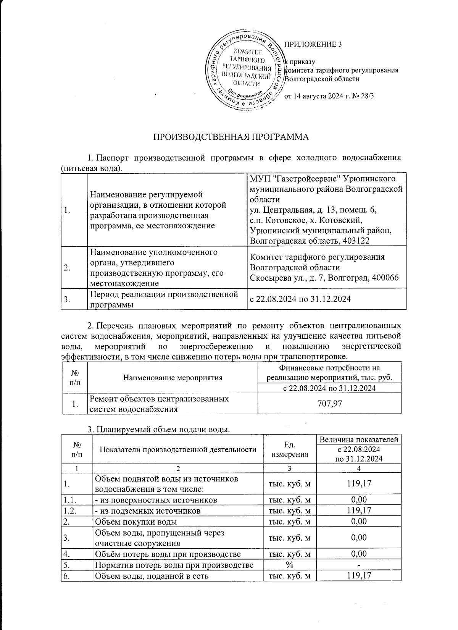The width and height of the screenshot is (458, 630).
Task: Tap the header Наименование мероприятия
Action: pyautogui.click(x=173, y=378)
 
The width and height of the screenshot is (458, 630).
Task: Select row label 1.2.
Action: pyautogui.click(x=70, y=510)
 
